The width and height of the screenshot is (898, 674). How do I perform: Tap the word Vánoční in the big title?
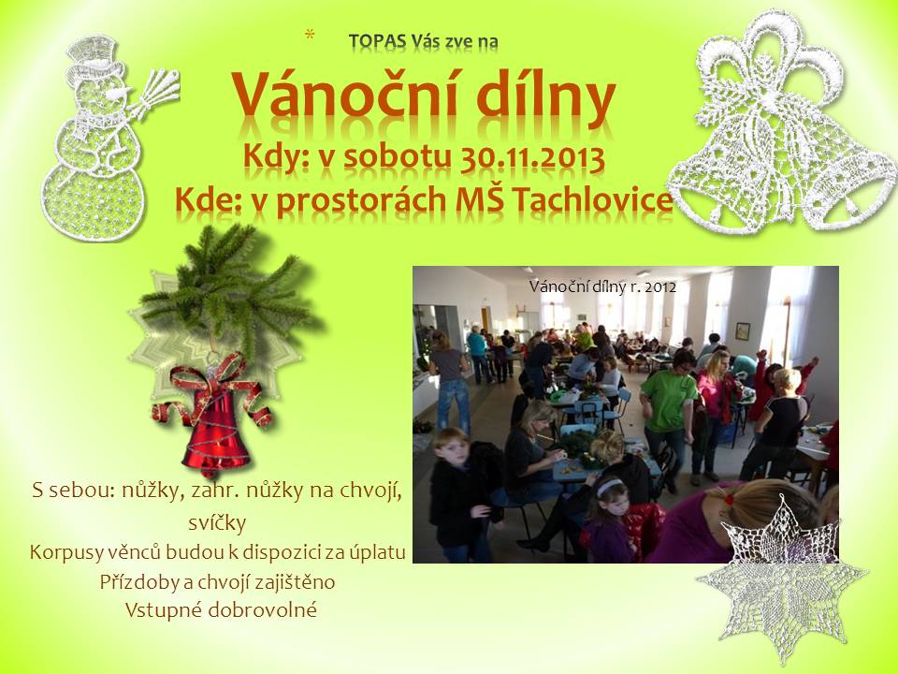click(345, 95)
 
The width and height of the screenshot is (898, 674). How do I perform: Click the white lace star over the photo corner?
click(782, 576)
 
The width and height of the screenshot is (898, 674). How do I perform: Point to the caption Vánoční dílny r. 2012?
click(602, 286)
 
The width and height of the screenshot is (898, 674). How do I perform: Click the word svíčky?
click(217, 522)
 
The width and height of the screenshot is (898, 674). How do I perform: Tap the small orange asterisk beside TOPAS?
click(310, 35)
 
